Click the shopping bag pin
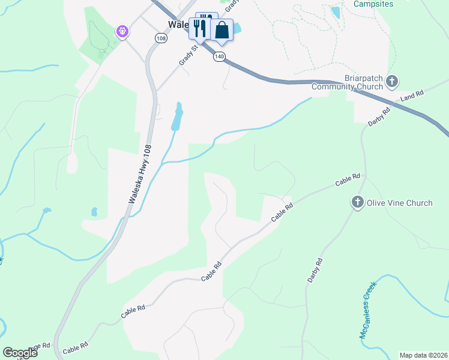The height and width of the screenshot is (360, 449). point(221,30)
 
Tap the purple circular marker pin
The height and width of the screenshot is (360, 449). point(122,30)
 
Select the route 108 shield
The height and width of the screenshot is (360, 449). point(160,38)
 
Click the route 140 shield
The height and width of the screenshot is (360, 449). point(219,56)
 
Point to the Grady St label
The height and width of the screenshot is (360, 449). point(188,54)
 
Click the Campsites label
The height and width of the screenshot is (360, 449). point(373,4)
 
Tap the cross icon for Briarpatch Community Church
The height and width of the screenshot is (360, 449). point(392,81)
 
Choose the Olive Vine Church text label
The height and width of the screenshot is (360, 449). point(399,203)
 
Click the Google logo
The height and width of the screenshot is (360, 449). point(20,353)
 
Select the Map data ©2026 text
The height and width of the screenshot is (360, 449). point(423,355)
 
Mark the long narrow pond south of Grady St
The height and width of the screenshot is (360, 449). point(177,116)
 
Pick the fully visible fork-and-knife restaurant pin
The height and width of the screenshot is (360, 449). point(199,28)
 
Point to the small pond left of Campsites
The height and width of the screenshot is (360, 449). point(335,12)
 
